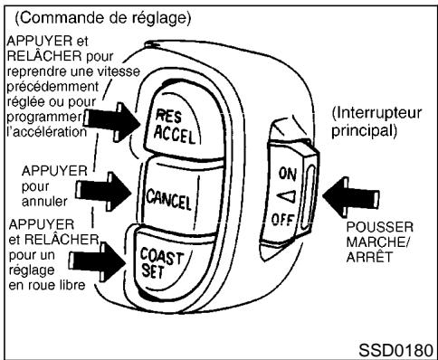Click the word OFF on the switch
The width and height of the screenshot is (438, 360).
[288, 217]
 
